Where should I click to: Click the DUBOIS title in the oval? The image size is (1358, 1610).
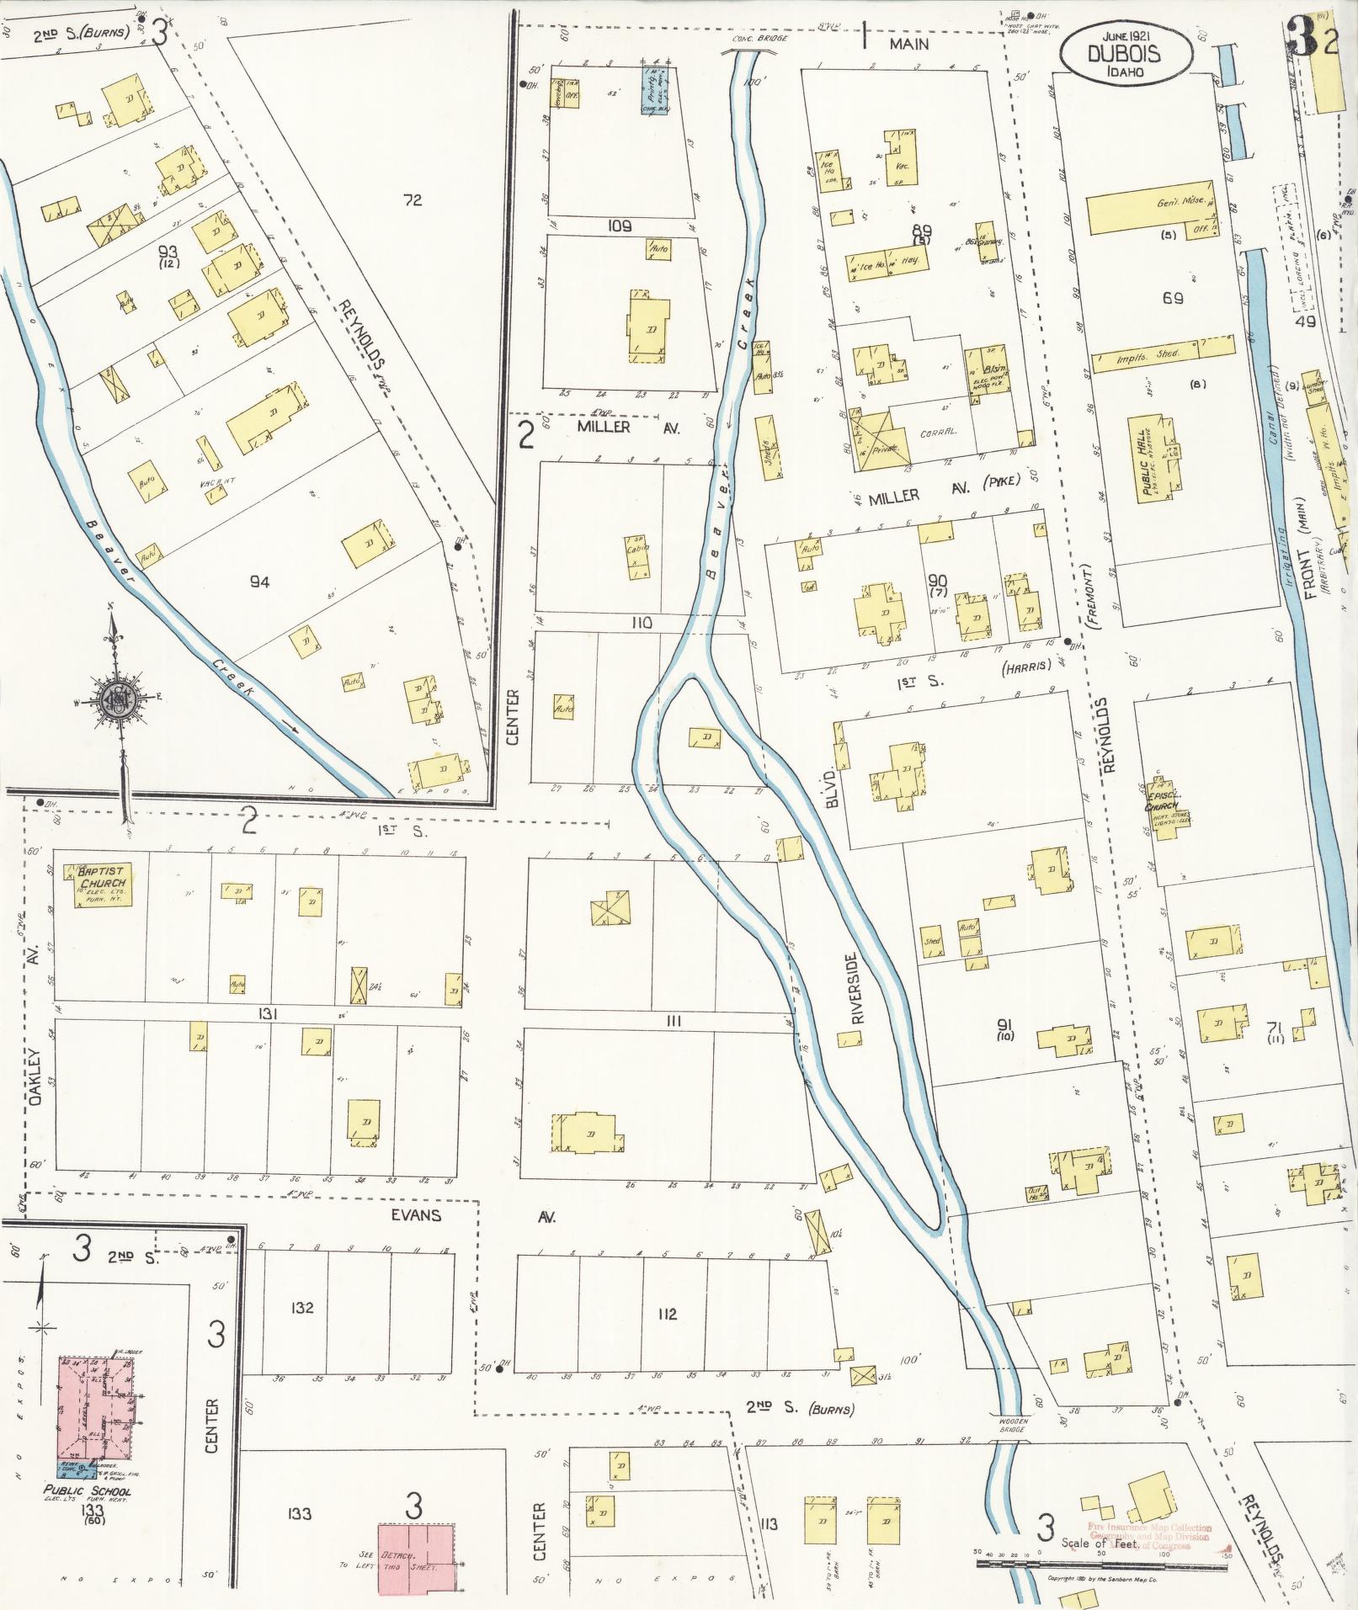(x=1124, y=54)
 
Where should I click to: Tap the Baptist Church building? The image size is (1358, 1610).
(x=100, y=885)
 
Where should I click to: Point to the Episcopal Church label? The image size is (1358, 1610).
(x=1163, y=800)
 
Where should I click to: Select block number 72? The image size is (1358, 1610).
(x=412, y=200)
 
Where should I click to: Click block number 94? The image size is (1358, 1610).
(x=258, y=582)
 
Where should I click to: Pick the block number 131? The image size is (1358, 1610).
(x=268, y=1015)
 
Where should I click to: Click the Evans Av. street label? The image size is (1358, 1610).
(x=417, y=1216)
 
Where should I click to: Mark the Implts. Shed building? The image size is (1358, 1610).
(x=1162, y=352)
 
